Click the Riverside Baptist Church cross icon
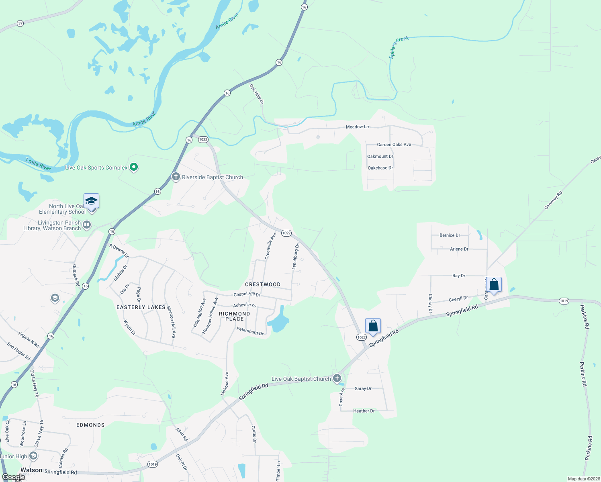[176, 177]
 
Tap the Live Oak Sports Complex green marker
[134, 167]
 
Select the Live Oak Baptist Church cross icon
[337, 378]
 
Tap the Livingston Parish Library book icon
[86, 225]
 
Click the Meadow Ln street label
[357, 127]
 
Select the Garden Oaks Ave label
[394, 145]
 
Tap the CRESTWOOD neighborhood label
[263, 284]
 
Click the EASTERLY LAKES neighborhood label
[141, 307]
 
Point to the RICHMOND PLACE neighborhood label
[235, 316]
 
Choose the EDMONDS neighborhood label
[90, 425]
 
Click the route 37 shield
[20, 23]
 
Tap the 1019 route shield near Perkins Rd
[564, 301]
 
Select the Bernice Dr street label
[450, 235]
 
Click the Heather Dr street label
[364, 411]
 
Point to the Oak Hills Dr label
[256, 94]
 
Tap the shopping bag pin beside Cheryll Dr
[494, 285]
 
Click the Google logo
[14, 477]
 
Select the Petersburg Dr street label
[250, 331]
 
